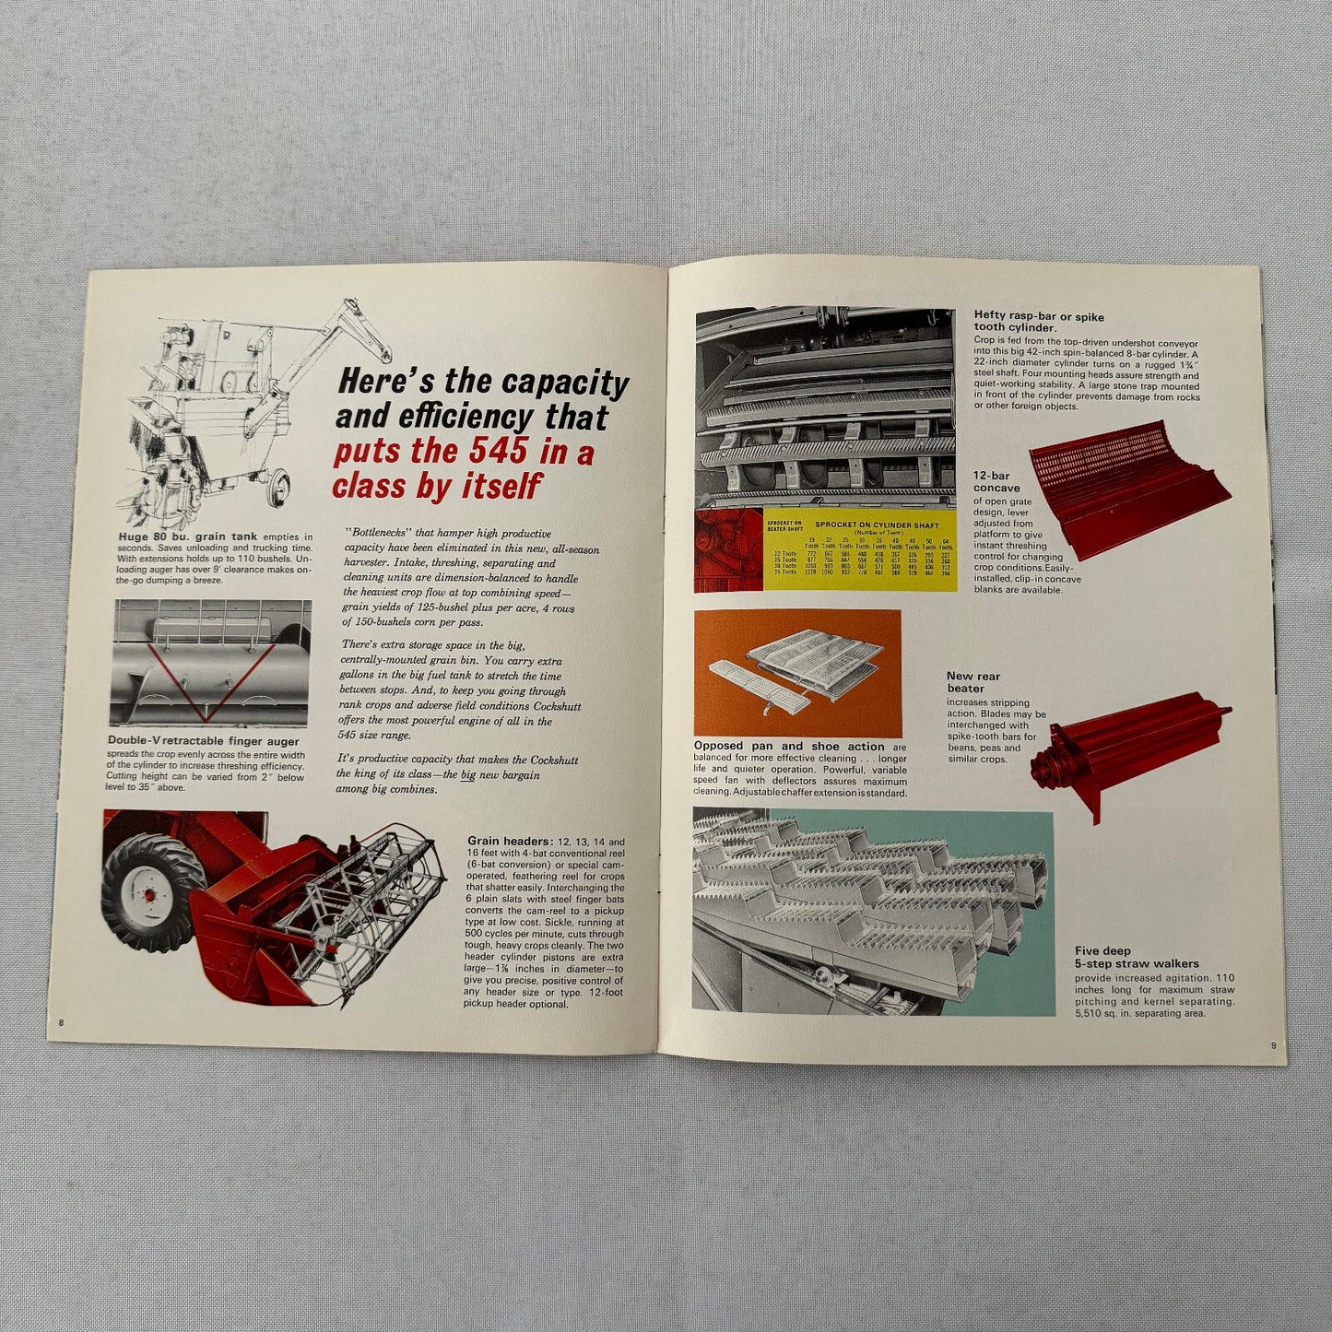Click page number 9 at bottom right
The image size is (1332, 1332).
click(x=1272, y=1045)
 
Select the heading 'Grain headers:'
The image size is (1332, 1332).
click(x=510, y=842)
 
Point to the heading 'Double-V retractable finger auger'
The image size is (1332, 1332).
click(x=204, y=740)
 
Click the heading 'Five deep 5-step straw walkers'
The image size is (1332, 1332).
click(x=1137, y=957)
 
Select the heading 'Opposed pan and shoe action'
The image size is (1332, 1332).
click(x=789, y=746)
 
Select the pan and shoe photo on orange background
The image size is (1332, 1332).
click(x=796, y=672)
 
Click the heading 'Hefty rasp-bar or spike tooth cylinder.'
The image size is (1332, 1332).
click(x=1038, y=321)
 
